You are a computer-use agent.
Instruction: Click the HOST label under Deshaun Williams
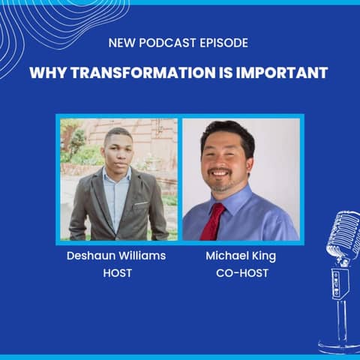pos(117,273)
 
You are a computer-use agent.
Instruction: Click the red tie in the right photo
pos(213,221)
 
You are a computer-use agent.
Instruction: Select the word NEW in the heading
pos(121,43)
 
